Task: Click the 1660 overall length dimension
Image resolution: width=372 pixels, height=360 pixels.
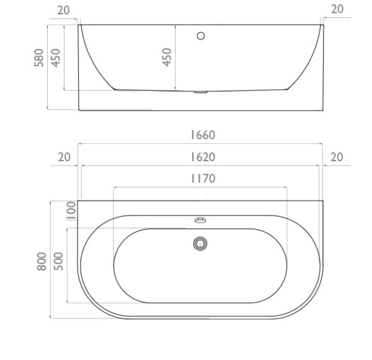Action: (x=203, y=135)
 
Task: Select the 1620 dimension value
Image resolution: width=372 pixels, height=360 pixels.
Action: (x=203, y=157)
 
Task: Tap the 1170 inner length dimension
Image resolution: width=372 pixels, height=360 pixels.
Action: (x=203, y=178)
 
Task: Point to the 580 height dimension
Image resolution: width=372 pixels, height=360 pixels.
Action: (x=38, y=58)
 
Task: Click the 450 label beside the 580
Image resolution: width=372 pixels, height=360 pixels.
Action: (x=56, y=58)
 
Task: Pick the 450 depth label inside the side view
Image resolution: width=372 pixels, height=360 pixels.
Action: (x=167, y=57)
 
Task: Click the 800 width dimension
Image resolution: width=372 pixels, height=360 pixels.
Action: (x=42, y=261)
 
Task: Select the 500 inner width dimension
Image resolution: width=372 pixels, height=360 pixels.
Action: (x=58, y=261)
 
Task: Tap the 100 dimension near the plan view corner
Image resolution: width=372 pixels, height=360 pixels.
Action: (x=71, y=211)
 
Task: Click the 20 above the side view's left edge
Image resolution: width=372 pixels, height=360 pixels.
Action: (x=64, y=10)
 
